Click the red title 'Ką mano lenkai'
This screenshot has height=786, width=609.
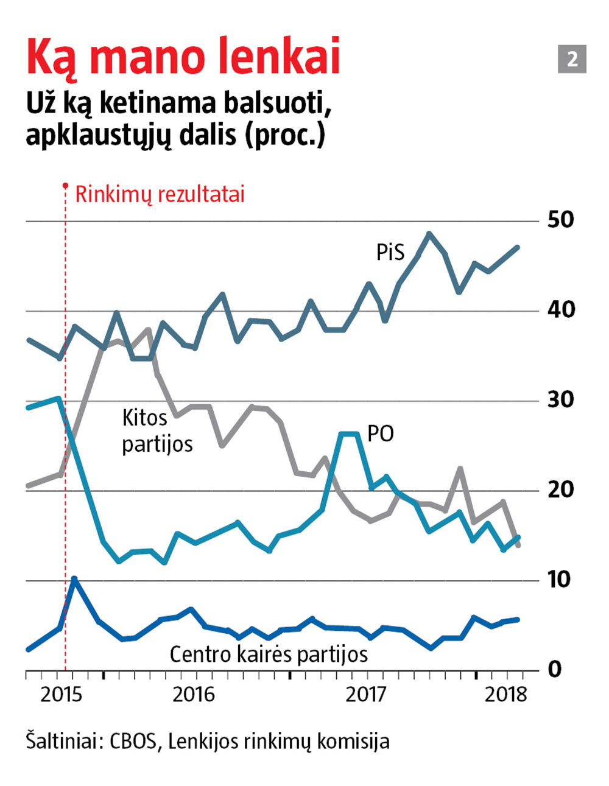click(x=183, y=58)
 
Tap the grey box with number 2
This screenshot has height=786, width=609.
click(x=572, y=59)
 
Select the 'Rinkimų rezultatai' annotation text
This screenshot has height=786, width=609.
click(x=160, y=195)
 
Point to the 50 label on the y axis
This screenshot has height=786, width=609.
click(x=560, y=220)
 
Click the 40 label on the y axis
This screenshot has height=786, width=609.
click(x=560, y=309)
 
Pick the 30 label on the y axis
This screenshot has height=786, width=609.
click(x=560, y=399)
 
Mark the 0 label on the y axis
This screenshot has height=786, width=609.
click(x=554, y=669)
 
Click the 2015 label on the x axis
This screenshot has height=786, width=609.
click(x=61, y=695)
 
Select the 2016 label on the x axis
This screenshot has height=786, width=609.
click(x=194, y=695)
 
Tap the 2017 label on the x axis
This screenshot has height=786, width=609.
click(x=367, y=695)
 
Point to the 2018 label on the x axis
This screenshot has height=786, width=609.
click(x=505, y=695)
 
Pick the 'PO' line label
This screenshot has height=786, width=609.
click(x=381, y=434)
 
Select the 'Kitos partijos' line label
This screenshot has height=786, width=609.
click(x=157, y=431)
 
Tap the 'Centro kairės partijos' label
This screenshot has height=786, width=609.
click(x=269, y=654)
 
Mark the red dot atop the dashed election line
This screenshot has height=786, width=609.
click(x=65, y=185)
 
